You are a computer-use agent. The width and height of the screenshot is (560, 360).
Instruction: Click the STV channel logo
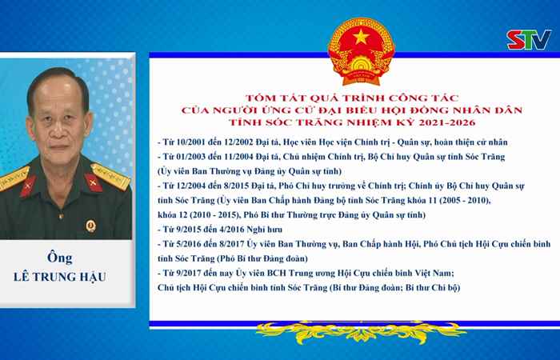(x=529, y=40)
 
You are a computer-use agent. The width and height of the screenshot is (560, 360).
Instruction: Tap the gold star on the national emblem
(x=362, y=37)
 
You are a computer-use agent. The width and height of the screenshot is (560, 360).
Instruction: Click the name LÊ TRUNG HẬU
(x=60, y=277)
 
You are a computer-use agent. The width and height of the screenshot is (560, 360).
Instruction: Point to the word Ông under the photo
(x=60, y=257)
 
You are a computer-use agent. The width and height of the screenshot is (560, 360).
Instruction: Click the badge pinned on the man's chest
(x=90, y=226)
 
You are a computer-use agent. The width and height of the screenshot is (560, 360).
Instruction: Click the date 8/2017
(x=232, y=244)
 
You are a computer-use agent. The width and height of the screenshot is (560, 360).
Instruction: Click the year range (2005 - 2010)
(x=463, y=200)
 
